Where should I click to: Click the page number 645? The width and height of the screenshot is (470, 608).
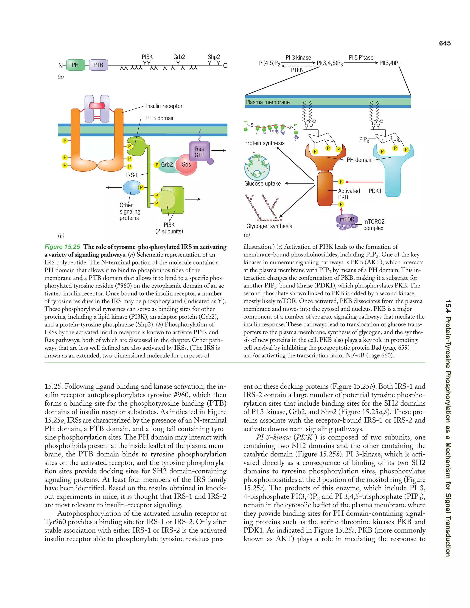pos(445,43)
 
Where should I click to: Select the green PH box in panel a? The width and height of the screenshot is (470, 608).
pos(75,65)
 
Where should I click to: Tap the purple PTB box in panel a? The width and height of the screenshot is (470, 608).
pos(98,65)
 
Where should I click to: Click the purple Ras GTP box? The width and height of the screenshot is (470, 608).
pos(199,152)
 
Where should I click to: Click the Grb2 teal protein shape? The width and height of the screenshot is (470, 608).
pos(167,165)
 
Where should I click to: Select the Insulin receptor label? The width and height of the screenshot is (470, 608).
pos(164,106)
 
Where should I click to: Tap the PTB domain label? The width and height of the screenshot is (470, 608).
pos(160,118)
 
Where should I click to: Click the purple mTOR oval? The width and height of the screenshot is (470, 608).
pos(347,219)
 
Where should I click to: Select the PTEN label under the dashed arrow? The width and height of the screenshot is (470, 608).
pos(297,70)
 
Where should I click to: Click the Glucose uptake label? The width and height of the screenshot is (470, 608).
pos(262,184)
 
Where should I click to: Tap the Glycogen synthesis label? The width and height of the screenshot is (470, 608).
pos(269,226)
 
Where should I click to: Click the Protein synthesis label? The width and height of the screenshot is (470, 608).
pos(264,143)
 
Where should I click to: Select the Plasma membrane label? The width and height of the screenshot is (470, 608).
pos(267,102)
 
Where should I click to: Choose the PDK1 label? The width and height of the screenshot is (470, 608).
pos(375,191)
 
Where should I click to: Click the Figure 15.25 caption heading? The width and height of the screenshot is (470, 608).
pos(62,247)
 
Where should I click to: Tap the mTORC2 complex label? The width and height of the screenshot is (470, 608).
pos(374,225)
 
